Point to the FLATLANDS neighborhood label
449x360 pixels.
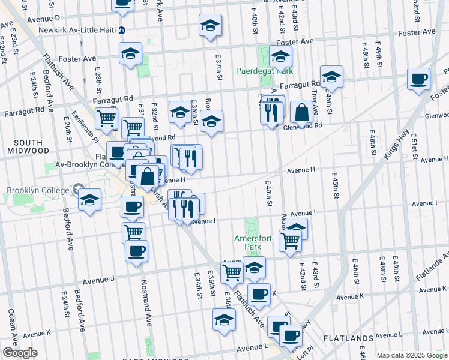[x=349, y=339]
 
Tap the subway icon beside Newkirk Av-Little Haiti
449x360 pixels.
[x=122, y=29]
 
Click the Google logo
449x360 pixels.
[x=20, y=352]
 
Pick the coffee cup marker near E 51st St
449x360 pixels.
[x=418, y=78]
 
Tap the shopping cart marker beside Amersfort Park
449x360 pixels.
[x=290, y=240]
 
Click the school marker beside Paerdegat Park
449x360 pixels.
[x=280, y=57]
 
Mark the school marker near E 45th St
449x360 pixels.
[x=331, y=76]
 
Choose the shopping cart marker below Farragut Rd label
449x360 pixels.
[x=106, y=118]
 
